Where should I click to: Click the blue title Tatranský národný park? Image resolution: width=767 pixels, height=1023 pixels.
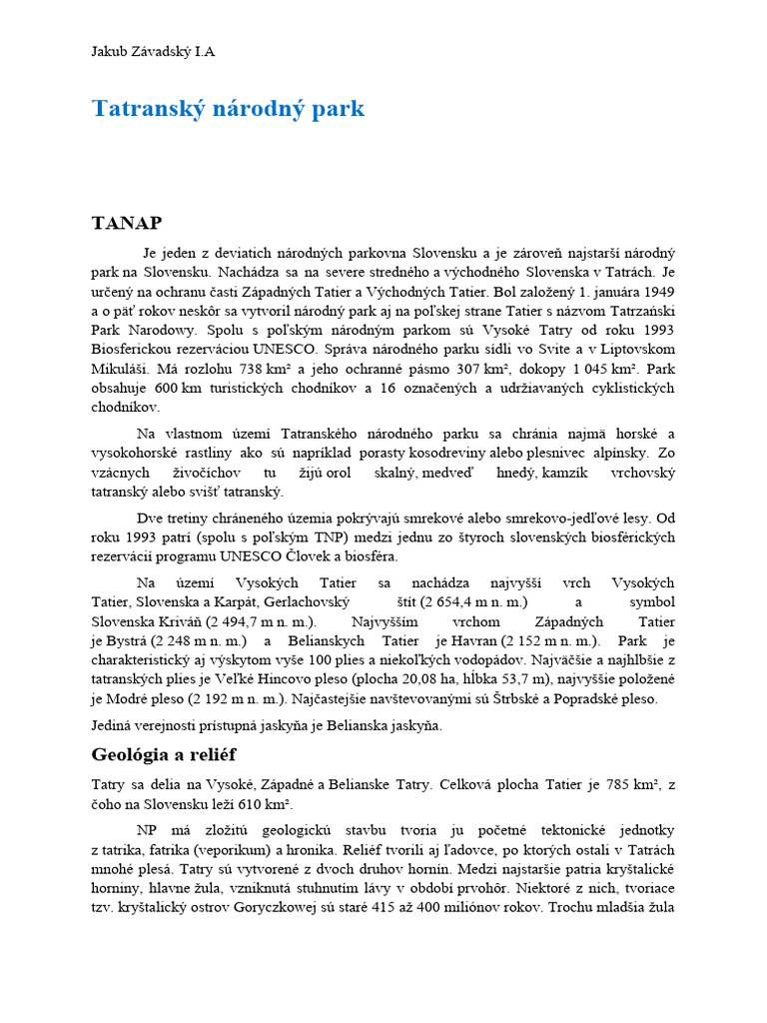click(x=229, y=109)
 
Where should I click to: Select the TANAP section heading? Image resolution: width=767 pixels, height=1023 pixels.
click(x=126, y=222)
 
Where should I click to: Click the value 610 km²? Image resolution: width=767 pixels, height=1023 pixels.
click(x=300, y=804)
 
